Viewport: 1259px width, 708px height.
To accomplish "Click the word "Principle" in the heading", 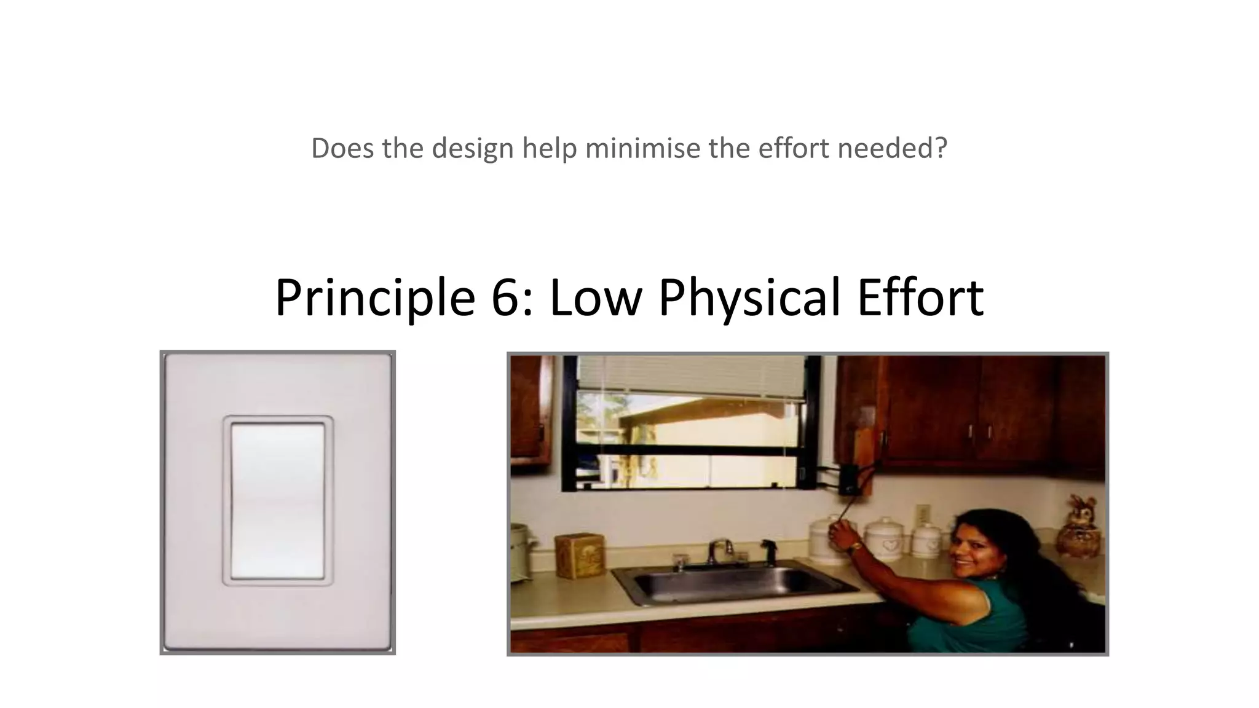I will click(x=374, y=298).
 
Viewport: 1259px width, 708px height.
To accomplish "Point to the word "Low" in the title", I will click(x=595, y=298).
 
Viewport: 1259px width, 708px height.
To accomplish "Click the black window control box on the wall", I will click(x=850, y=480).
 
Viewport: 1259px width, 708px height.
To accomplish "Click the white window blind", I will click(x=692, y=376).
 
